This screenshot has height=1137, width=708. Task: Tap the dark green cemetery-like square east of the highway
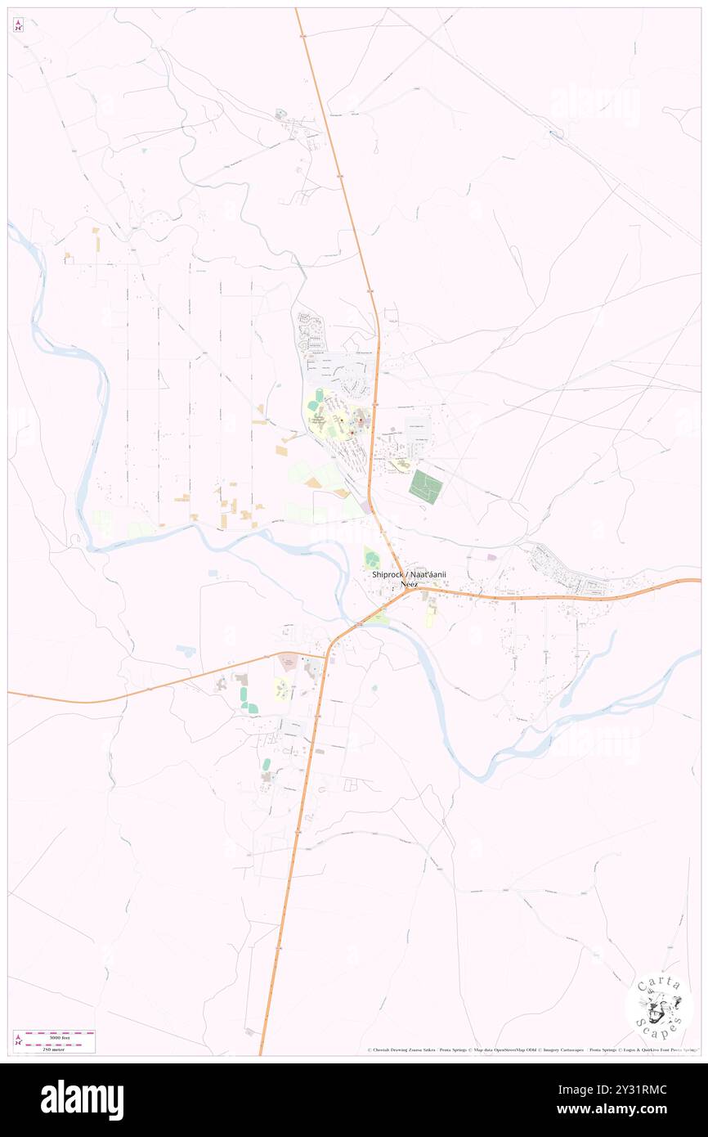point(425,487)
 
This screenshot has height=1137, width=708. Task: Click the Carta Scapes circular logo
point(659,1005)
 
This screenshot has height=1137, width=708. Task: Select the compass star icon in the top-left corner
point(18,25)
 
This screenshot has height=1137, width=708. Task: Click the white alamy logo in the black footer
point(82,1100)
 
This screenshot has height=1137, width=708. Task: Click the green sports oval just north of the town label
point(372,560)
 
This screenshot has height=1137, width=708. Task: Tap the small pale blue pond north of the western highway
point(186,651)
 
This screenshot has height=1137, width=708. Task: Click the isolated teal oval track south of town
point(266,765)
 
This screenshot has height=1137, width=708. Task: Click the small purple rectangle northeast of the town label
point(491,557)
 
